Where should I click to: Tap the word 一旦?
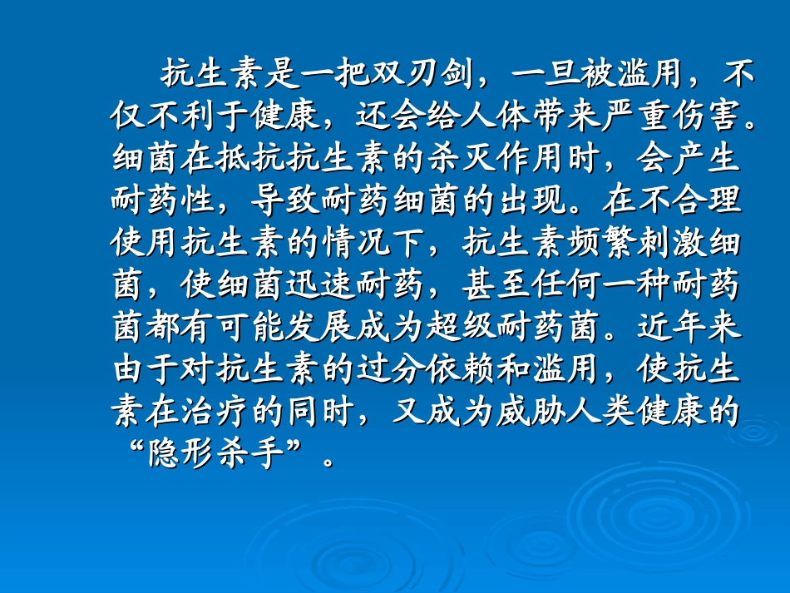coord(544,74)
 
